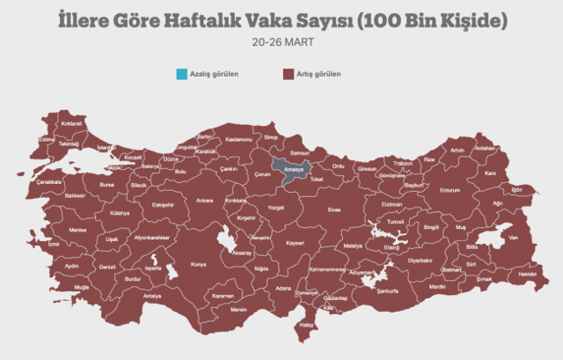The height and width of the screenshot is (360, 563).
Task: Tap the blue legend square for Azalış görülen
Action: [x=180, y=74]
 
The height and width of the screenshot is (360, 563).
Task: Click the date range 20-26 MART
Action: [x=281, y=40]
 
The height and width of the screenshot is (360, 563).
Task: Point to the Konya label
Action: [x=199, y=264]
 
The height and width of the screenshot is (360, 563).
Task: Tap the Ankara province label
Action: [x=204, y=201]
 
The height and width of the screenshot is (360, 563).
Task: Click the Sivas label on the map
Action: [x=333, y=211]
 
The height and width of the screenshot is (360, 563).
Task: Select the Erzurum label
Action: [x=450, y=190]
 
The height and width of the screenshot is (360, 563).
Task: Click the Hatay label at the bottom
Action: [x=307, y=325]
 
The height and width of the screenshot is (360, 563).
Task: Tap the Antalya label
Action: [x=152, y=297]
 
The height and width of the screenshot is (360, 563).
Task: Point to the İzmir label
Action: [x=54, y=243]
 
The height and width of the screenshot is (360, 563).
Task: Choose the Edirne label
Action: [x=47, y=139]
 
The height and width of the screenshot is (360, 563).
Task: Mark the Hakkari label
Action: [x=527, y=275]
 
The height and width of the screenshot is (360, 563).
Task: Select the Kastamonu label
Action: [x=238, y=140]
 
